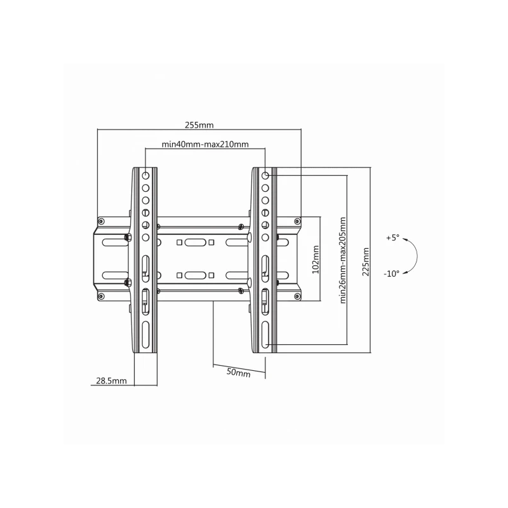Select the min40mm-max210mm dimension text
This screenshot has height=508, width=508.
[205, 144]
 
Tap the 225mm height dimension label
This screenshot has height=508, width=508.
[365, 260]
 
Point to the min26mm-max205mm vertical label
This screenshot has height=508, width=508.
[343, 260]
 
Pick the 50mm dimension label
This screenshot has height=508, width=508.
[238, 372]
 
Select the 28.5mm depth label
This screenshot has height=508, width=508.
[111, 381]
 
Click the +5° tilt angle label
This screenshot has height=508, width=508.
[392, 238]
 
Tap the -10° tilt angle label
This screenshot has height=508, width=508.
[392, 274]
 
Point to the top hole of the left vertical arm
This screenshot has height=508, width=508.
[145, 175]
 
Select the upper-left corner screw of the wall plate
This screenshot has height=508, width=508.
[101, 222]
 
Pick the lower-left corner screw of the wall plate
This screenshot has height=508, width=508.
[101, 295]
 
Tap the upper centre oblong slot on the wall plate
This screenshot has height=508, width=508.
[197, 243]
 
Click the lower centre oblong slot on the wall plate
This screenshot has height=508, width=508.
[197, 275]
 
